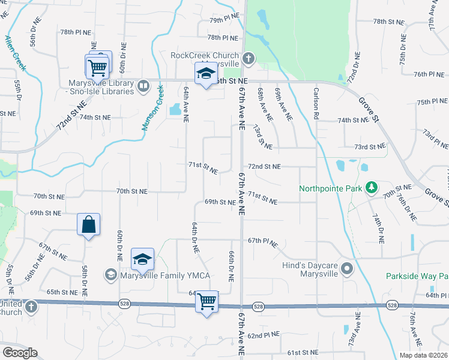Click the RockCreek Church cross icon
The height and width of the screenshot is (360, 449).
point(249,59)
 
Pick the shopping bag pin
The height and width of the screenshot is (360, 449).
point(88,225)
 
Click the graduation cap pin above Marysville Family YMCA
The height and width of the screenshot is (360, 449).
point(143,259)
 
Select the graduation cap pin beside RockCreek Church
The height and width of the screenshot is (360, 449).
point(206,74)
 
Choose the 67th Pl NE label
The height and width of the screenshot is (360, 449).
point(263,241)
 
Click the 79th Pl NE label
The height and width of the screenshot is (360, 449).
point(224,20)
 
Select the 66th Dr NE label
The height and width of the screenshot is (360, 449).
point(231,267)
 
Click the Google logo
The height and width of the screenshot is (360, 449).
point(20,353)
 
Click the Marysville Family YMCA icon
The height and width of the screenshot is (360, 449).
point(110,275)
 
